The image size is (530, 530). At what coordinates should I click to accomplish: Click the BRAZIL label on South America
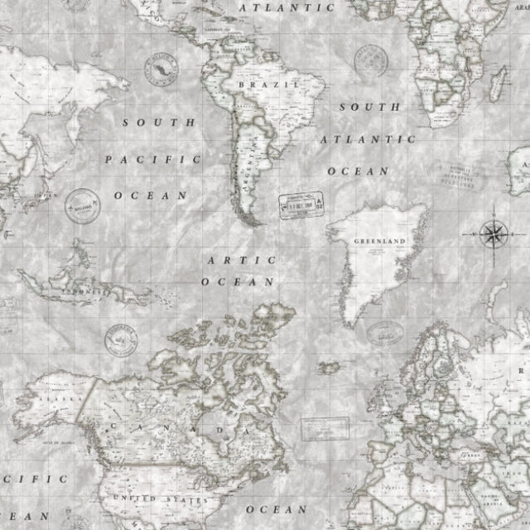[257, 84]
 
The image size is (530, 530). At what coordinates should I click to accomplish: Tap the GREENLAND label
[378, 241]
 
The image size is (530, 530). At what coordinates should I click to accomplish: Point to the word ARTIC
[240, 260]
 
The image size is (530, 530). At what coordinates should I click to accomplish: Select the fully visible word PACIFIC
[153, 157]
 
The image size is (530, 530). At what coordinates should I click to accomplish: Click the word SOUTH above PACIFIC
[160, 121]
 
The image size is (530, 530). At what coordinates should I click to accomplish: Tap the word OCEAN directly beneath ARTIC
[239, 282]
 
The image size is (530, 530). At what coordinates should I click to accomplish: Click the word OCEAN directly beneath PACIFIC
[151, 195]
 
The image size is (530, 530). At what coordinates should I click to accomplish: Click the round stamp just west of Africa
[370, 60]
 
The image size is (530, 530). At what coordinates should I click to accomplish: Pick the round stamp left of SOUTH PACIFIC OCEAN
[79, 201]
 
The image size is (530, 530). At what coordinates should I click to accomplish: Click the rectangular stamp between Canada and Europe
[322, 429]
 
